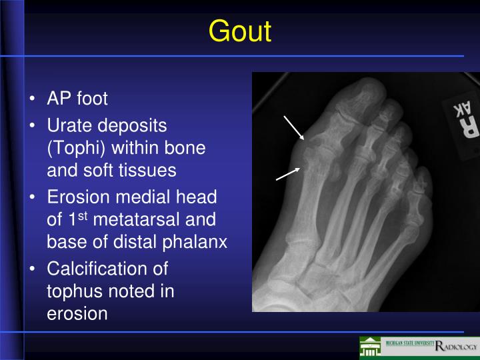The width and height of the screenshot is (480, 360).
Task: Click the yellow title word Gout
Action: pyautogui.click(x=239, y=31)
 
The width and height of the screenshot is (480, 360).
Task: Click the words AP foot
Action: pyautogui.click(x=77, y=99)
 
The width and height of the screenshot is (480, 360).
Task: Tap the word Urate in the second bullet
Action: pyautogui.click(x=69, y=125)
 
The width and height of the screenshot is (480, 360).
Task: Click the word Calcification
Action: pyautogui.click(x=107, y=269)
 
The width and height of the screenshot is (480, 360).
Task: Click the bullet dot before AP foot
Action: pyautogui.click(x=33, y=100)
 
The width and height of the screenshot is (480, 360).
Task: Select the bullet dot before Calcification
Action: pyautogui.click(x=33, y=269)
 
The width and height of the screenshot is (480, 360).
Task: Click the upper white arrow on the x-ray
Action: pyautogui.click(x=294, y=127)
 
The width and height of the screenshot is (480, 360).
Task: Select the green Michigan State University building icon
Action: pyautogui.click(x=370, y=347)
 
